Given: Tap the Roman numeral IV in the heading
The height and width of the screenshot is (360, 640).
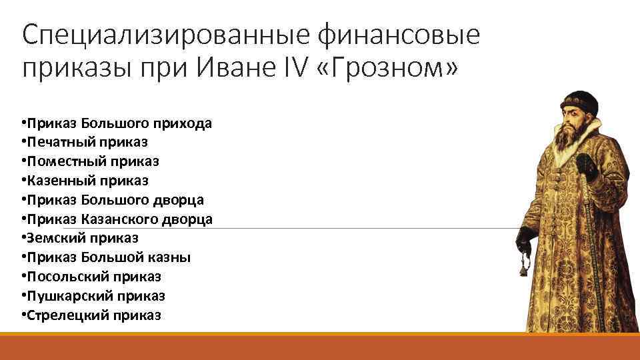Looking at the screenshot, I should point(293,68).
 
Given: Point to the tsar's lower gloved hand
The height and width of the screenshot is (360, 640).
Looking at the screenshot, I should point(527,237).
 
